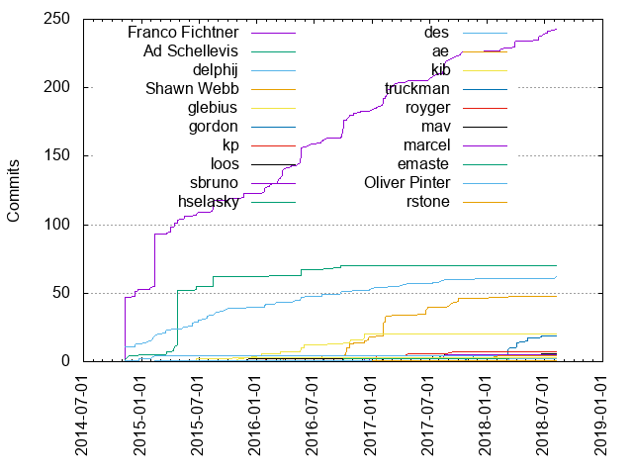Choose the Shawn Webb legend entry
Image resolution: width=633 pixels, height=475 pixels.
tap(194, 87)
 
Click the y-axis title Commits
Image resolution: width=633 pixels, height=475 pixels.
tap(15, 190)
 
